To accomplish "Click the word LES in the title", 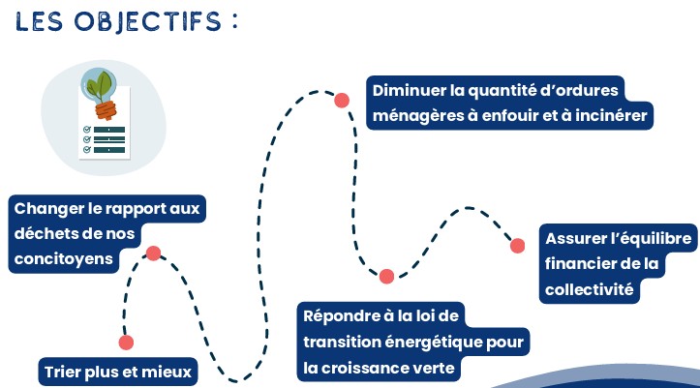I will [x=44, y=21].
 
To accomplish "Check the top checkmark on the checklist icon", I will [x=87, y=129].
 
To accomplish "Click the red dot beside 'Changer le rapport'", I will [x=153, y=254].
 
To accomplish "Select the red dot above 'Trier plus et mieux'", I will [x=125, y=343].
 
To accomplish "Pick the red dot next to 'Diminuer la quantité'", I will [x=341, y=100].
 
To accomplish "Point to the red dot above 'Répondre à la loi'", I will [x=386, y=277].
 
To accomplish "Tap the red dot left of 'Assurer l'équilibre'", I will [x=518, y=246].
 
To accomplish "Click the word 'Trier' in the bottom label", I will [x=63, y=371].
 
